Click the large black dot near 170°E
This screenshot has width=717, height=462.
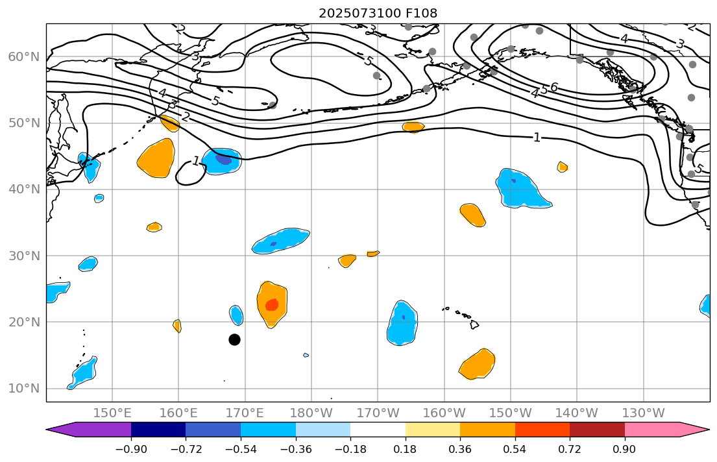pos(234,339)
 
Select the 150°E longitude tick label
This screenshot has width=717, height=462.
pos(112,413)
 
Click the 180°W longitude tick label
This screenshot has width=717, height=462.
pos(311,413)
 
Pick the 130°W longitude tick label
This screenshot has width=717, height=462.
pos(643,413)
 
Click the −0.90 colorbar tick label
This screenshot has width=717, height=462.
pos(131,450)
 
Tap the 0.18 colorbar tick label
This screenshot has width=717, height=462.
pos(406,450)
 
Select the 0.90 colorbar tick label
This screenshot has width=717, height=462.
pos(625,450)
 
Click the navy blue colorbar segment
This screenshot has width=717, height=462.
pos(158,430)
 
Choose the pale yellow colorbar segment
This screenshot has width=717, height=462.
pos(433,430)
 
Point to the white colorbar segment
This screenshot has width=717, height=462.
pos(378,430)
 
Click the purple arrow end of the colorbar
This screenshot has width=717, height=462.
pos(65,430)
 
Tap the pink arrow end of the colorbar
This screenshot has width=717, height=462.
pos(691,430)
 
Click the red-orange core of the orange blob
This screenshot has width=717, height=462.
pos(272,304)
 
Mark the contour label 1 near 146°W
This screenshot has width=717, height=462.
pos(537,138)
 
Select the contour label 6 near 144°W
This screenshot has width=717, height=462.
pos(553,87)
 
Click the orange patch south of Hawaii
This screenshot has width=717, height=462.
pos(478,365)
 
